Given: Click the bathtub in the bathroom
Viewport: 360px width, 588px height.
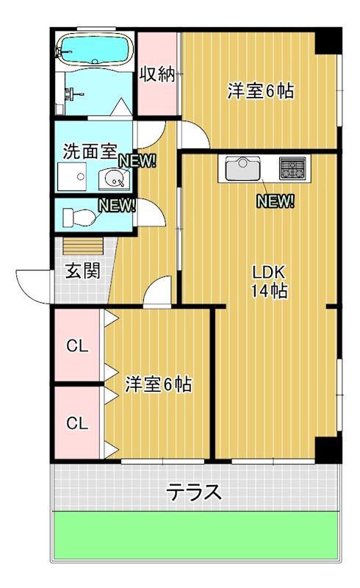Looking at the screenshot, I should pos(93,50).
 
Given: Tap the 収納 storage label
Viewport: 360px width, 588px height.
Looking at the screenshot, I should pos(157,75).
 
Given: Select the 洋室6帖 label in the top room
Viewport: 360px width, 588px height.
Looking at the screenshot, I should pos(260,91).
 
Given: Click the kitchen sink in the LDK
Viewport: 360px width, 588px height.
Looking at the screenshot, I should pos(242,170).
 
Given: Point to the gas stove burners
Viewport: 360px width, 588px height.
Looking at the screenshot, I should pos(294,169).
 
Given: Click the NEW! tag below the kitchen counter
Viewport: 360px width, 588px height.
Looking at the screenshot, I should pos(276,201).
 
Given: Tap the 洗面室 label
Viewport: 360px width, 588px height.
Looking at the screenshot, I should pos(90,152).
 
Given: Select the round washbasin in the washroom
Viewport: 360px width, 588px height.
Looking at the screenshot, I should pos(114,177).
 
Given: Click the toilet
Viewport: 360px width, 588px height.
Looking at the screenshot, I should pos(79,218).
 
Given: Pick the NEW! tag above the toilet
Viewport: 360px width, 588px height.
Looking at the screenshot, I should pos(118,205).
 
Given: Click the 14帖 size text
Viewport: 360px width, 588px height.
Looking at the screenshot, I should pos(269,290).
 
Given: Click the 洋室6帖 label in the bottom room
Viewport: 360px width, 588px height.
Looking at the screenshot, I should pos(158,384).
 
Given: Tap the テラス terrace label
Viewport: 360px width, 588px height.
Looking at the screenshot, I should pos(194,491).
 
